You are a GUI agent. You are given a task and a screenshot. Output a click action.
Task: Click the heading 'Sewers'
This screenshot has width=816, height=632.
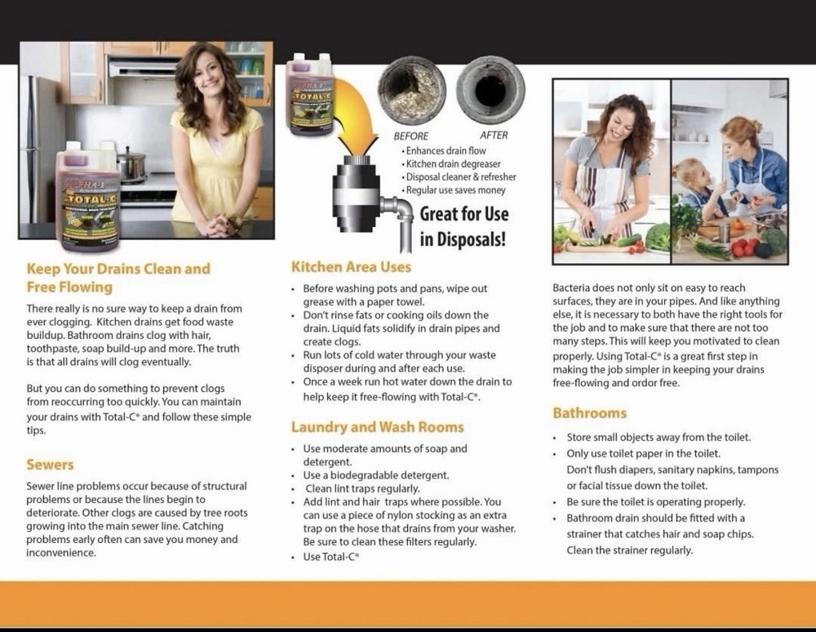tap(50, 465)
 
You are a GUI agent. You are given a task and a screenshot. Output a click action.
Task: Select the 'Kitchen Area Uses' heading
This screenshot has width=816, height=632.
tap(351, 267)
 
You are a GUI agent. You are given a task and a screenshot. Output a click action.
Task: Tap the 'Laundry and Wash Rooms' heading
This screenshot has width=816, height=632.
tap(377, 427)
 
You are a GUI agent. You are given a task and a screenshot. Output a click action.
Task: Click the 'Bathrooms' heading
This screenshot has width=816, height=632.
tap(589, 413)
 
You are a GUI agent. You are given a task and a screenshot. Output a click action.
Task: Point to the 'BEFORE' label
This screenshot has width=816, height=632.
tap(411, 136)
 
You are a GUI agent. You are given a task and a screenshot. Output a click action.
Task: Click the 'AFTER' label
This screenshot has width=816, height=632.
tap(494, 136)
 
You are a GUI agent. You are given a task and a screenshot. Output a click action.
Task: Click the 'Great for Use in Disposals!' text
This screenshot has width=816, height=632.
tap(463, 226)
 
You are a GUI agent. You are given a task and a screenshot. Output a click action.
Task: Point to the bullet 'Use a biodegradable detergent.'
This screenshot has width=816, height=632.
tap(375, 475)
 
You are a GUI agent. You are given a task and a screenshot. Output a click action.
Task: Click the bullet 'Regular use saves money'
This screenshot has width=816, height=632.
tap(455, 190)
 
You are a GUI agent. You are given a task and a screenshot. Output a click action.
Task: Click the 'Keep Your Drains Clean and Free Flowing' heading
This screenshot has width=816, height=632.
tap(118, 278)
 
